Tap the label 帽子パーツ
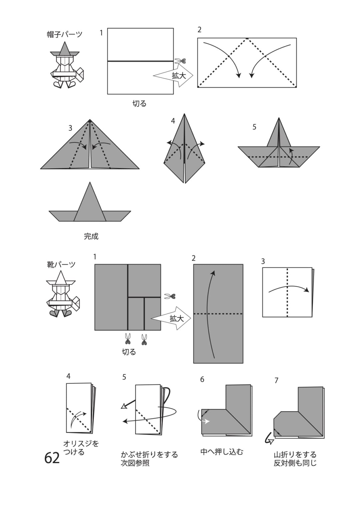tap(65, 34)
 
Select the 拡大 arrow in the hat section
tap(173, 75)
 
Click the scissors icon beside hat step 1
tap(181, 61)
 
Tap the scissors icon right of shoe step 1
tap(170, 296)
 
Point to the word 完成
tap(91, 236)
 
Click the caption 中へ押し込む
tap(222, 452)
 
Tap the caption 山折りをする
tap(295, 455)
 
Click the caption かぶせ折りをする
tap(149, 455)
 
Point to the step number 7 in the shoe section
tap(276, 380)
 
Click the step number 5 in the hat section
tap(254, 127)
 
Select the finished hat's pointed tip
tap(90, 182)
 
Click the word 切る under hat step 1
tap(139, 104)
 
